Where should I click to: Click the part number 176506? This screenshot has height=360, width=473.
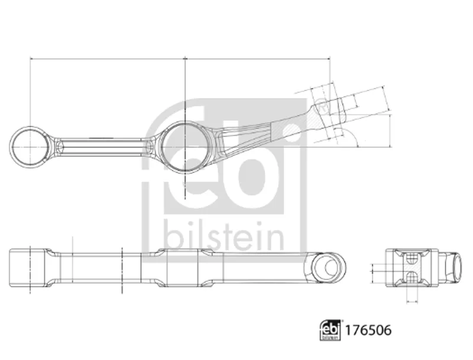click(x=368, y=330)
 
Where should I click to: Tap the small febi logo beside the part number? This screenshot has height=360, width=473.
click(x=331, y=330)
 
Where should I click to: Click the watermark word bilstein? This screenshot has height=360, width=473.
click(x=224, y=236)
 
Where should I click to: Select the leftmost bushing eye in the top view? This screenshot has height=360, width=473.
click(x=30, y=147)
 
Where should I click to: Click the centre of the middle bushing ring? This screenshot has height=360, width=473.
click(x=184, y=147)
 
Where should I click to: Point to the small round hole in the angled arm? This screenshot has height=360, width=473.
click(x=291, y=130)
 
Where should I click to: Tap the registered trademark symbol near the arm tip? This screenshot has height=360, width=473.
click(x=322, y=108)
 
